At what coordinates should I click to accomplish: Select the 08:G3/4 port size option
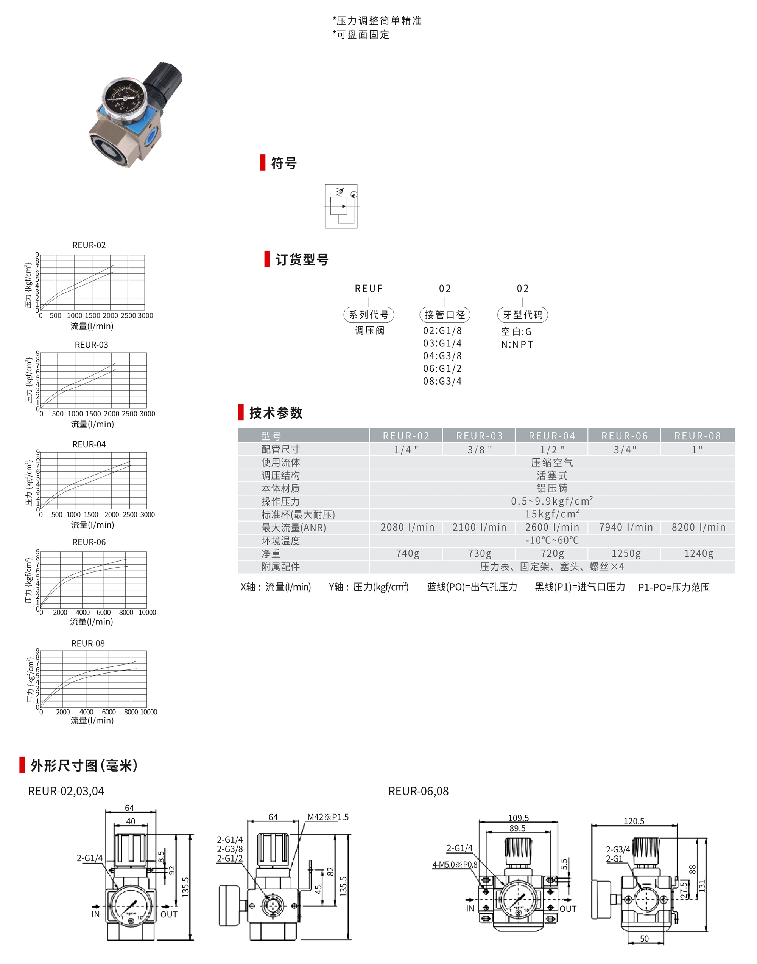pyautogui.click(x=442, y=381)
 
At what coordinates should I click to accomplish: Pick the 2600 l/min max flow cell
pyautogui.click(x=552, y=528)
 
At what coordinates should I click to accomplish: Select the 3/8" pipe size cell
pyautogui.click(x=480, y=450)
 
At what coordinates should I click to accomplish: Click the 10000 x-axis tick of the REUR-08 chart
pyautogui.click(x=149, y=712)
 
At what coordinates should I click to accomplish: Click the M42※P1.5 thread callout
pyautogui.click(x=328, y=817)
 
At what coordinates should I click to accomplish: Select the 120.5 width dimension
pyautogui.click(x=634, y=821)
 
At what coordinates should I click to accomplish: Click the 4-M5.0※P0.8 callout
pyautogui.click(x=455, y=865)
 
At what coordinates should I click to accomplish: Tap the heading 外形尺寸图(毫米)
pyautogui.click(x=84, y=765)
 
